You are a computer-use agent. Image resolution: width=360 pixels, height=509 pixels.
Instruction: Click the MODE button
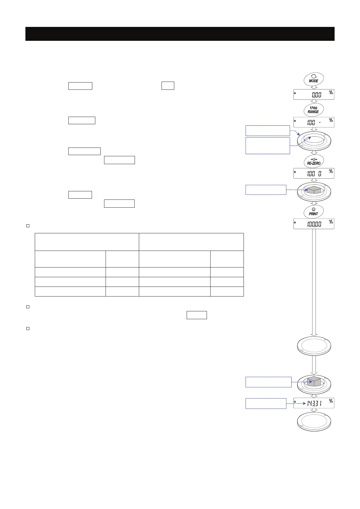(314, 79)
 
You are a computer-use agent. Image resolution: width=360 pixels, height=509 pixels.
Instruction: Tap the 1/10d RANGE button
(313, 110)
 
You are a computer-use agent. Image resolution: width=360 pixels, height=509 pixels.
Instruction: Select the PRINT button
(313, 212)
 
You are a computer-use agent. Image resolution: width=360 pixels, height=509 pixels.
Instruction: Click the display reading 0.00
(314, 95)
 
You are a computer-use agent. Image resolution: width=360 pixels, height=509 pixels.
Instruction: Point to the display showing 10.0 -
(314, 122)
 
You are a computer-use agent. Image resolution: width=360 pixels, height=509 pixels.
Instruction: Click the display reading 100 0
(314, 173)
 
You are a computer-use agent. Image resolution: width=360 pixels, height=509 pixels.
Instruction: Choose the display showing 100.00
(314, 224)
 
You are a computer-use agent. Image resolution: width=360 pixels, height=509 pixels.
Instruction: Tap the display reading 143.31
(314, 403)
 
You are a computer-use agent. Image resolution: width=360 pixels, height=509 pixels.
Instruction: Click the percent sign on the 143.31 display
(331, 401)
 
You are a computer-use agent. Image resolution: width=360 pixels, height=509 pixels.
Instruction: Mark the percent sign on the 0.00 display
(331, 92)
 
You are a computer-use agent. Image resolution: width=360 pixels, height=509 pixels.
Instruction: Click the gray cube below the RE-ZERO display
(314, 190)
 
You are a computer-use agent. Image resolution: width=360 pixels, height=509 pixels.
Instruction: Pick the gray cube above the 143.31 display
(314, 381)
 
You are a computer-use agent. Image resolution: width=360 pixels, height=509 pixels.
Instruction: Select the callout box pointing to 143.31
(266, 403)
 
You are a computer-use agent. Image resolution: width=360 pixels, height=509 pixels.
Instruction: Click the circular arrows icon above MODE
(314, 76)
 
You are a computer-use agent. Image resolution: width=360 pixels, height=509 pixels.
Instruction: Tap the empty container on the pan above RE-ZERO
(314, 139)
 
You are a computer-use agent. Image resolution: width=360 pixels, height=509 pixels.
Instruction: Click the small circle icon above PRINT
(313, 209)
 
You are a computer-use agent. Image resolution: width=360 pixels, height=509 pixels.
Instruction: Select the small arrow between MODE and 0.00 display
(314, 87)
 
